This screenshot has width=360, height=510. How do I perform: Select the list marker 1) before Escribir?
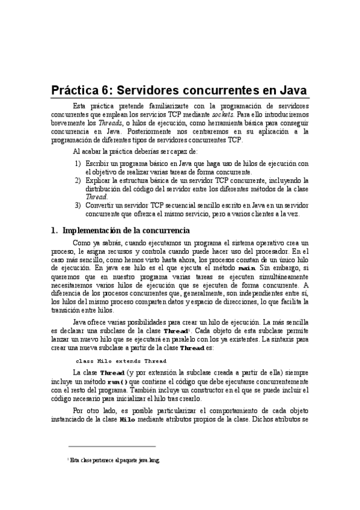pos(78,163)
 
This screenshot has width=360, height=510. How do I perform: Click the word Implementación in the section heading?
pos(95,230)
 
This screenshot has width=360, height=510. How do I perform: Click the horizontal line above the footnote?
pos(112,446)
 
